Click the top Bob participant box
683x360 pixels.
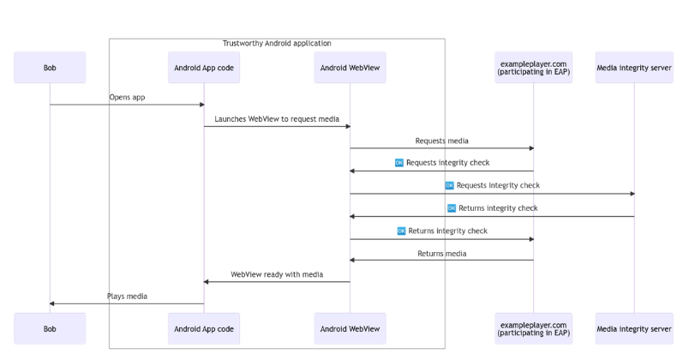50,68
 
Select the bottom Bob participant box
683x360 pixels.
50,328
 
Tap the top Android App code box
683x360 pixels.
204,68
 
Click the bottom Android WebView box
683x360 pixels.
350,328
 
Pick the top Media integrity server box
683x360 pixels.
634,68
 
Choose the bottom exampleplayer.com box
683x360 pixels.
533,328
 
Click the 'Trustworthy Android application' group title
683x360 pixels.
277,43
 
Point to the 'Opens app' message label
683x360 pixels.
127,97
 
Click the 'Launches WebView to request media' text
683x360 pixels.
277,119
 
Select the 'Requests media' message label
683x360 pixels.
441,141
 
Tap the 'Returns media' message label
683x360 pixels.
441,254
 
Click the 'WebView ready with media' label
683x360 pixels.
277,274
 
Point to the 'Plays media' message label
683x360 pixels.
127,297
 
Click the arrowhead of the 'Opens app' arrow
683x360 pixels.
201,105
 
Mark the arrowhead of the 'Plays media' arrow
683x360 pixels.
51,303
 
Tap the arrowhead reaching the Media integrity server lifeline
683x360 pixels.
632,194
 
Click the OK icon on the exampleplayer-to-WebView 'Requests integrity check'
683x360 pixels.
399,163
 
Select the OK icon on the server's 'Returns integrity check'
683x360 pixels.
452,208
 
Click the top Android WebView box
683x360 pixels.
350,68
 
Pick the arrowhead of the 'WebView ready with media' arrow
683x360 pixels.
206,282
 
